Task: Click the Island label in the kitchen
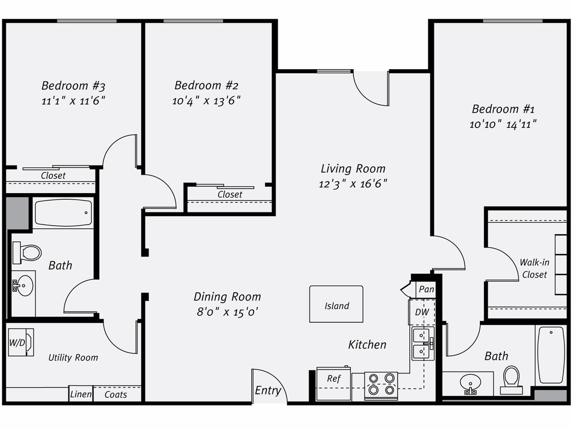point(337,306)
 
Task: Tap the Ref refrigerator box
point(334,379)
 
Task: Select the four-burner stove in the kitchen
point(381,384)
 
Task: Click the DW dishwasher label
point(422,312)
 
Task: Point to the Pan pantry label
point(426,289)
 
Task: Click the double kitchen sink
point(423,344)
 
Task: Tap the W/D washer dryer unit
point(21,342)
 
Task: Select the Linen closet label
point(81,394)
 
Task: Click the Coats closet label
point(116,394)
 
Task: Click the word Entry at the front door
point(267,390)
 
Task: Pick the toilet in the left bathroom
point(27,253)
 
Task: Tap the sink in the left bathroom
point(23,286)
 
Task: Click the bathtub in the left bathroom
point(63,213)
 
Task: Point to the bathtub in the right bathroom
point(551,354)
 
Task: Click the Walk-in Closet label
point(534,268)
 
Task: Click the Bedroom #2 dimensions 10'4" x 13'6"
point(206,101)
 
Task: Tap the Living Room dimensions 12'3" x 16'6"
point(353,184)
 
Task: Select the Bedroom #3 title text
point(73,85)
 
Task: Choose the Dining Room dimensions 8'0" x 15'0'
point(227,312)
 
